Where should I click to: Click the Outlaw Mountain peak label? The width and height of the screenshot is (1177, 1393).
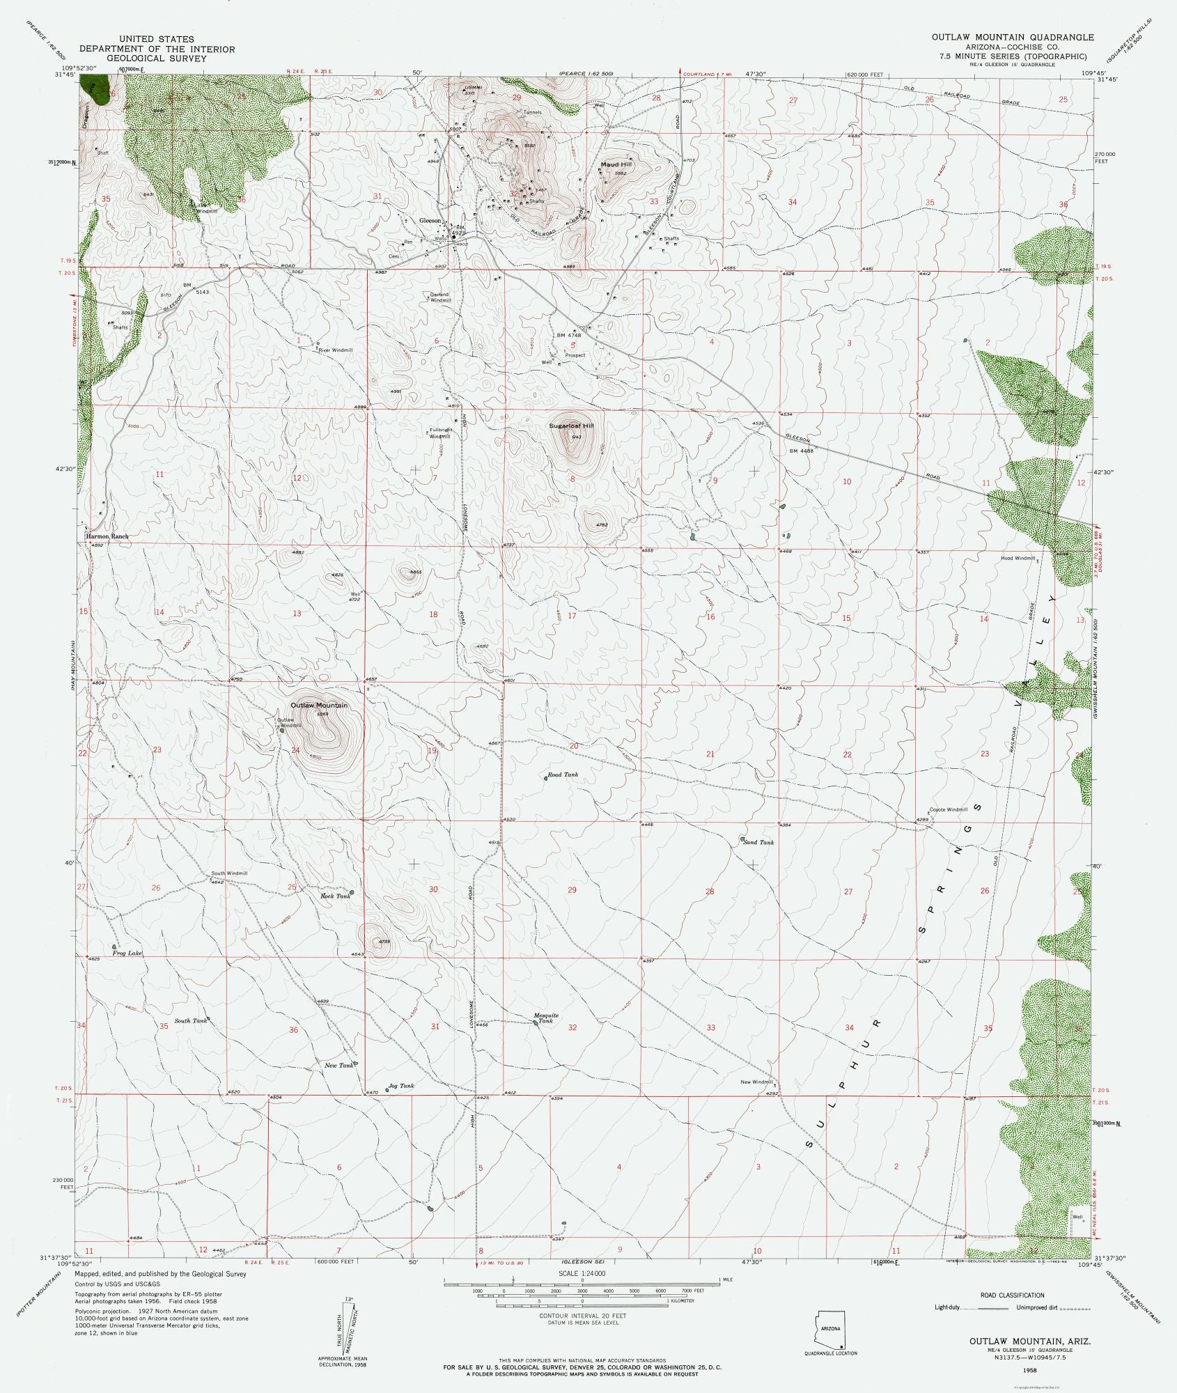pyautogui.click(x=318, y=706)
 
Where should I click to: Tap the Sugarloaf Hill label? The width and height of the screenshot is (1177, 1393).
pyautogui.click(x=571, y=425)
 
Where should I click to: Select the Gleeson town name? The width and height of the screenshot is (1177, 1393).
pyautogui.click(x=430, y=220)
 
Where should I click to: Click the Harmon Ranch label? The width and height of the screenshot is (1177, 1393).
pyautogui.click(x=107, y=537)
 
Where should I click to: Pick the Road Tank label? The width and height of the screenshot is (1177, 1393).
pyautogui.click(x=563, y=775)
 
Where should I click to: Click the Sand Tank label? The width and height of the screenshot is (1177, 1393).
pyautogui.click(x=759, y=842)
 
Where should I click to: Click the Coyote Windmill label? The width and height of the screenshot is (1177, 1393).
pyautogui.click(x=949, y=809)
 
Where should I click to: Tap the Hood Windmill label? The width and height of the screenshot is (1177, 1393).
pyautogui.click(x=1018, y=558)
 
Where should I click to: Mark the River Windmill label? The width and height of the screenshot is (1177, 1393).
pyautogui.click(x=336, y=350)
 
